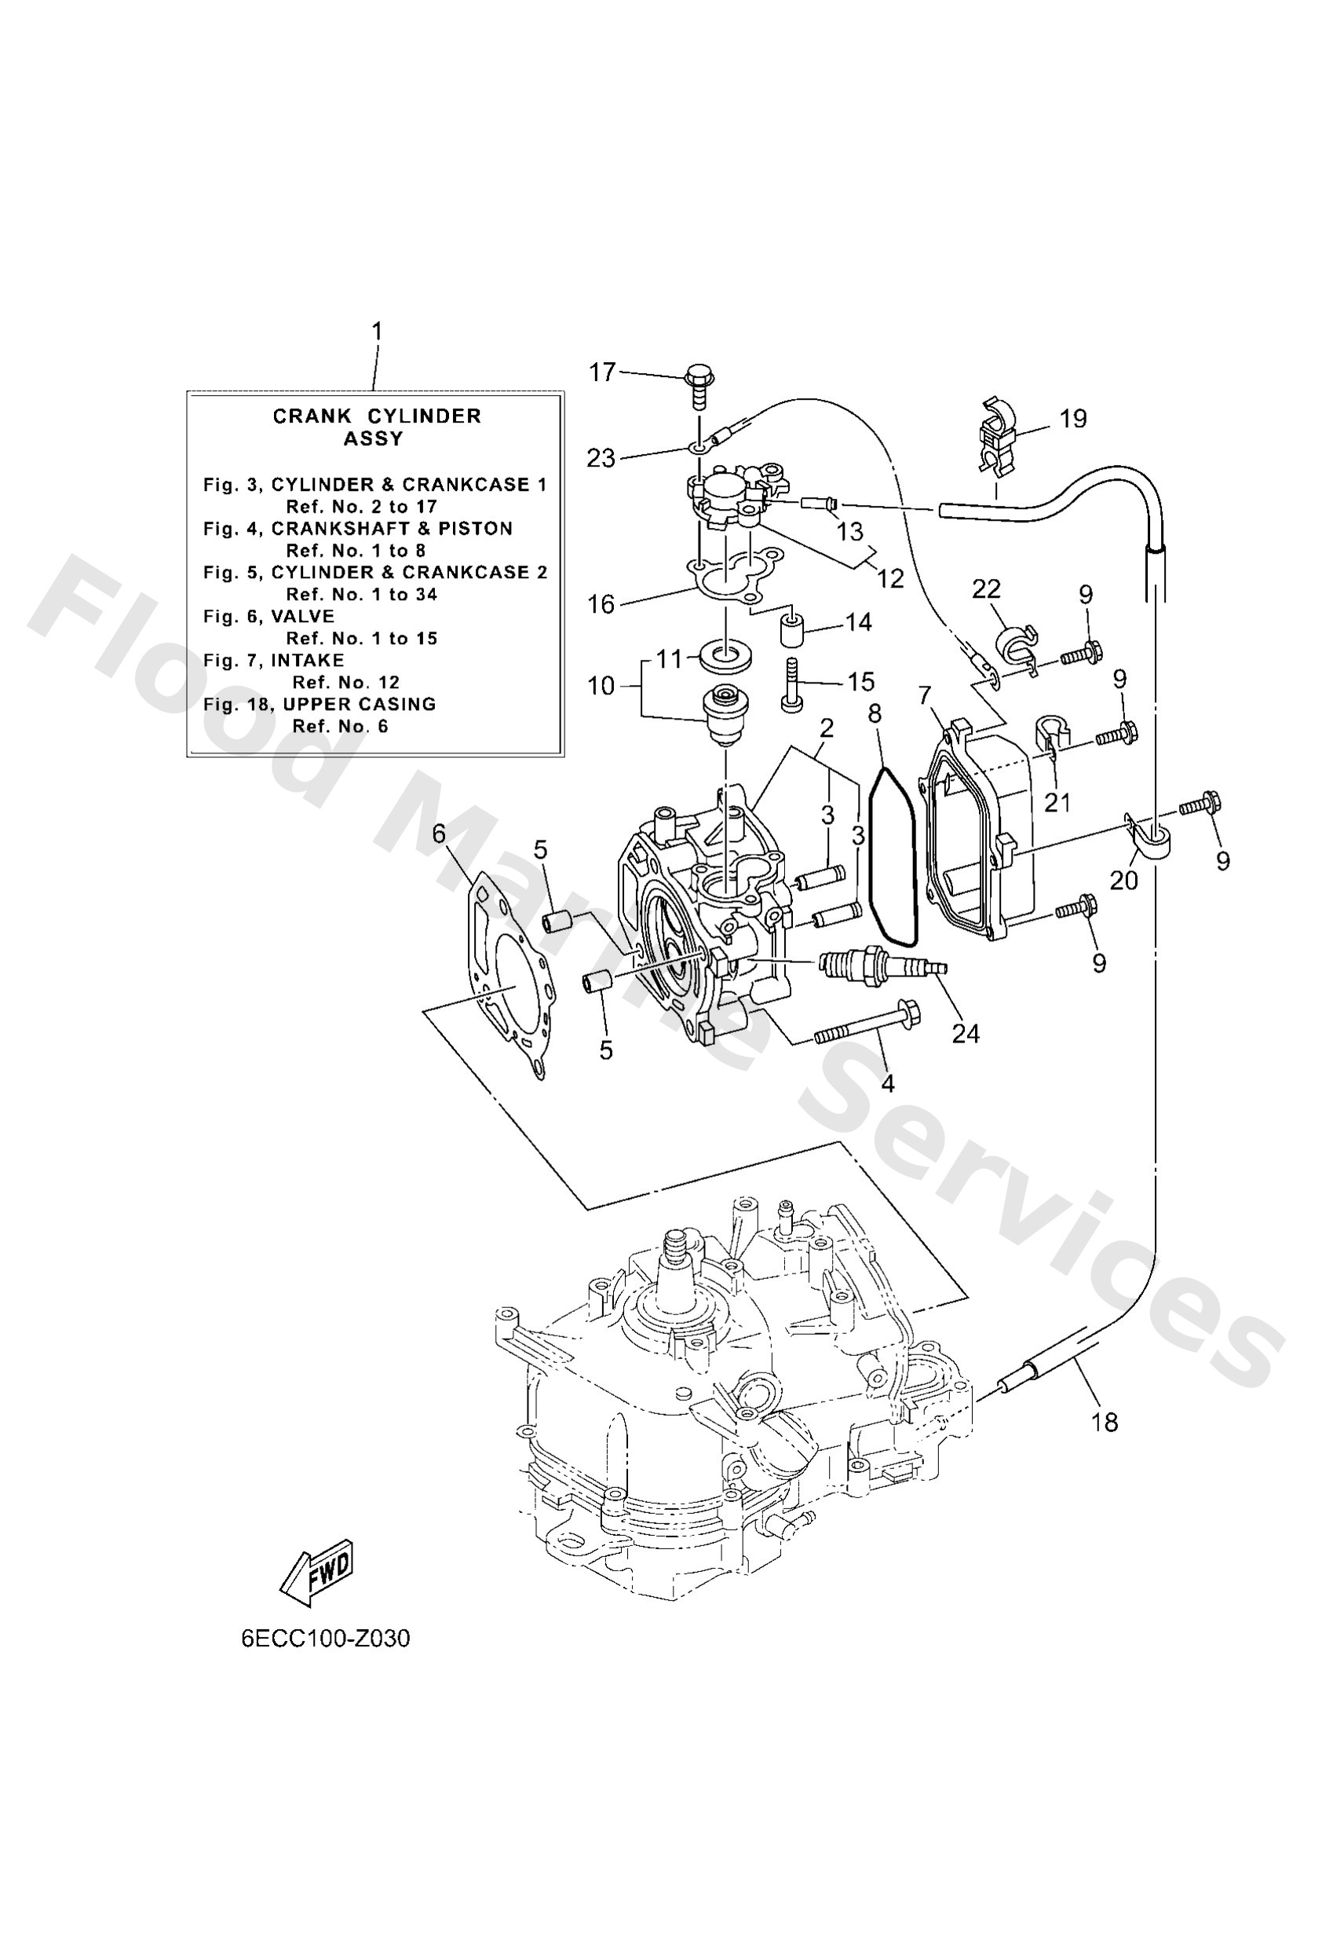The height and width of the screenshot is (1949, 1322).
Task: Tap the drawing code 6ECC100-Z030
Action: [326, 1639]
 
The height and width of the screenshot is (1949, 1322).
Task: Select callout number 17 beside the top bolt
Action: [602, 372]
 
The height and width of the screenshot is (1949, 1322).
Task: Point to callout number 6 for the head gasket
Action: [438, 834]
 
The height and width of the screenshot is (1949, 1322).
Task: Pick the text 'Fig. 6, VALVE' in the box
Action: [269, 617]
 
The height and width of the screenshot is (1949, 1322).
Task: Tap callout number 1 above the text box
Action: [376, 332]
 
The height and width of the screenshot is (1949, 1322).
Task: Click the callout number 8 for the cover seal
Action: [875, 715]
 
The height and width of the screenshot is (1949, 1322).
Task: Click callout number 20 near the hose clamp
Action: [1123, 880]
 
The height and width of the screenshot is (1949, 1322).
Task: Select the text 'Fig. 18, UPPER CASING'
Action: [320, 705]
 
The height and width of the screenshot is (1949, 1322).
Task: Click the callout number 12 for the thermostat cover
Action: [890, 578]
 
